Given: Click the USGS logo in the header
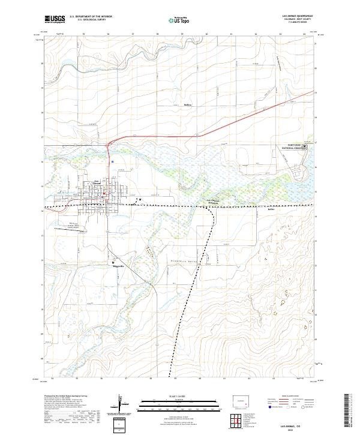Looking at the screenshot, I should click(55, 19).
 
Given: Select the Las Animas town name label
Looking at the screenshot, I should click(97, 184).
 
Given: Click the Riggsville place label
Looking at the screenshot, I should click(119, 266).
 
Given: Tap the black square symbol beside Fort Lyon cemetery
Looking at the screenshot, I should click(304, 146).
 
